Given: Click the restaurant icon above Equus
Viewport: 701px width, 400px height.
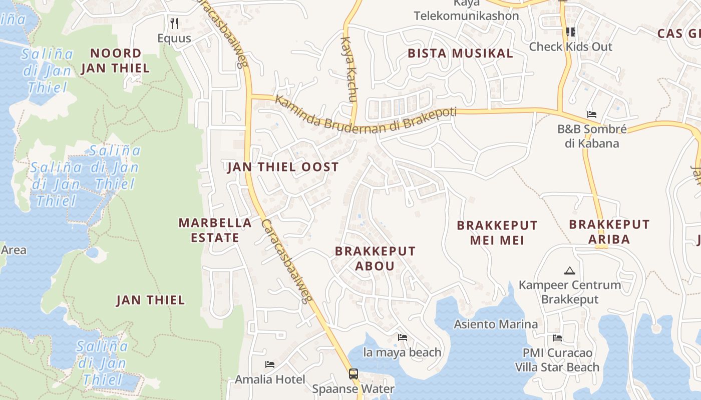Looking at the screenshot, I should tap(174, 23).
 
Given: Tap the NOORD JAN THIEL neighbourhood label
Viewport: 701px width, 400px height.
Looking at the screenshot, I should tap(116, 60).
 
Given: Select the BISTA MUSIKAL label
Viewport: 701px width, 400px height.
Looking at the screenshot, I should tap(460, 53).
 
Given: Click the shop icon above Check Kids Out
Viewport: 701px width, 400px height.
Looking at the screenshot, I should tap(570, 32).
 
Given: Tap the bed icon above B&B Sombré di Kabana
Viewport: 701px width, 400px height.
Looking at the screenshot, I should tap(592, 114).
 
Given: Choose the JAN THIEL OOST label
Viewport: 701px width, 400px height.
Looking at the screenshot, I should tap(283, 167).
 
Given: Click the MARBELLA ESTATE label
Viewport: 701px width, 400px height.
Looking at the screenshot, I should tap(215, 230).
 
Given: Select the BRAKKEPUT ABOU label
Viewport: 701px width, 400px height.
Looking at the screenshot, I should tap(375, 258).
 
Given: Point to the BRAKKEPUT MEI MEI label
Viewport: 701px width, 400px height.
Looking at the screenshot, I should tap(497, 232).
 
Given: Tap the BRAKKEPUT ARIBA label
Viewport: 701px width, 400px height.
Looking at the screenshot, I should tap(609, 231).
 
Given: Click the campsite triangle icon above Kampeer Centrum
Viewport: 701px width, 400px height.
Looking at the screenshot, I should tap(569, 271).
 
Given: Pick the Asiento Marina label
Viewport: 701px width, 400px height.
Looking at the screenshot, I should tap(496, 324).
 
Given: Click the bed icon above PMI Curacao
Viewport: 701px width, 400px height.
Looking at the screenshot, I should tap(557, 338).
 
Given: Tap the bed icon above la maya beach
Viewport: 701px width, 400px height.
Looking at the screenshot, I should tap(402, 337).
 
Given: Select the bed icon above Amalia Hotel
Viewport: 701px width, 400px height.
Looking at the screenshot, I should tap(270, 364).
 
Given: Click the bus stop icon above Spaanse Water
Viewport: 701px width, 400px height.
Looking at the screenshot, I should tap(353, 373).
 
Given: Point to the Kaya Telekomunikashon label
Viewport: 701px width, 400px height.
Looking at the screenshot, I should tap(466, 10).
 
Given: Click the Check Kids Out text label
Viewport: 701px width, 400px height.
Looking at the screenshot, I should tap(570, 46).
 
